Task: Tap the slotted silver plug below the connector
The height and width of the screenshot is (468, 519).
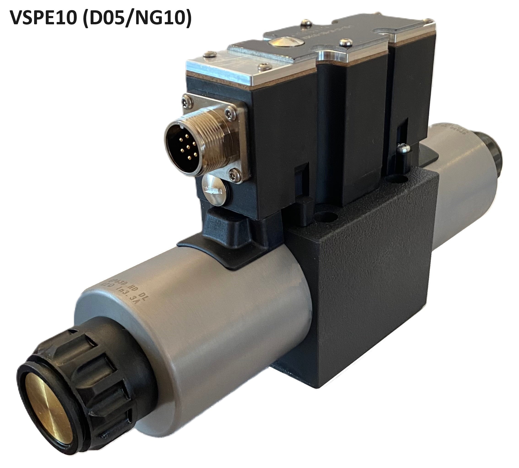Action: point(213,190)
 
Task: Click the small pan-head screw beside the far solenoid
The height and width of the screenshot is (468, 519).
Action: point(403,148)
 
